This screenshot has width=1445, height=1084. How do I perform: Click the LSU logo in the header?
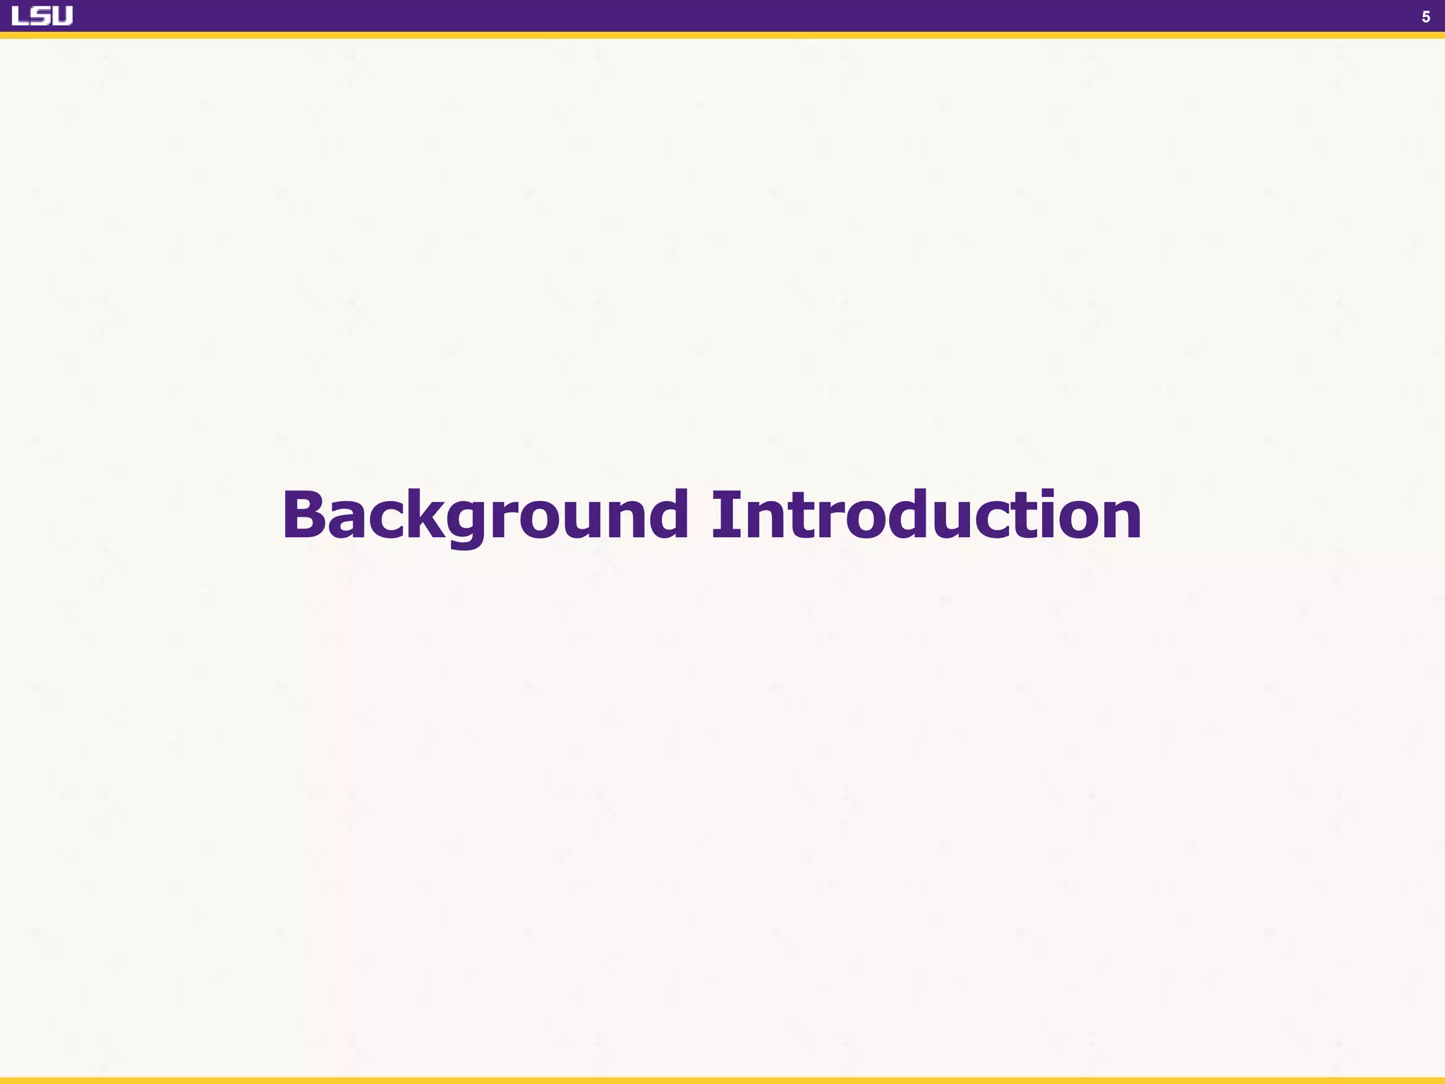(x=42, y=16)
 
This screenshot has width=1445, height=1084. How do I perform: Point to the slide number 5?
(x=1425, y=17)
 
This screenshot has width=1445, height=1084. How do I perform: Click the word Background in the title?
(x=485, y=515)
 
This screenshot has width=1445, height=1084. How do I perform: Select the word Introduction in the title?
(x=926, y=515)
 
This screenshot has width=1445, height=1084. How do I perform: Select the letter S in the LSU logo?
(x=42, y=16)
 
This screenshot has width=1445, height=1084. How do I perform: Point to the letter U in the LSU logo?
(x=63, y=16)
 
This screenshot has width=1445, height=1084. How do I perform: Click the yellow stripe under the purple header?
(x=722, y=35)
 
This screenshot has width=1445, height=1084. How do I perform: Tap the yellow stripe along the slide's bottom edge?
(x=722, y=1080)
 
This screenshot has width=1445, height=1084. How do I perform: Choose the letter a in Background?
(x=347, y=521)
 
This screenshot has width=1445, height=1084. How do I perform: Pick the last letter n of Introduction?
(x=1118, y=521)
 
